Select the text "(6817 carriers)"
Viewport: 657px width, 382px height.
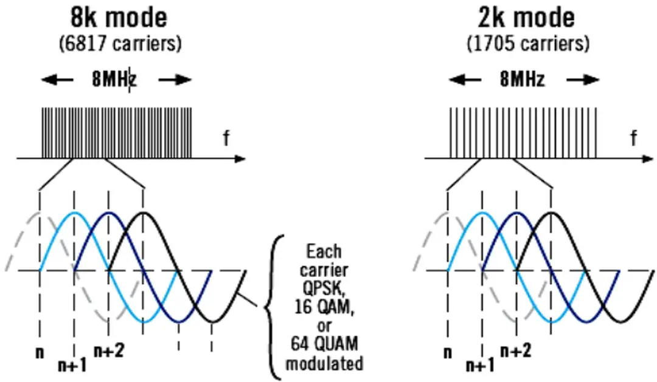[x=120, y=43]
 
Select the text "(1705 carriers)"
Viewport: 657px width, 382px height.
[x=528, y=43]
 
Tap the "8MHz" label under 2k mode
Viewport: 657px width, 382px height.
[x=523, y=80]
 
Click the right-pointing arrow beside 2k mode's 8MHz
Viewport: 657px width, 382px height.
[x=583, y=80]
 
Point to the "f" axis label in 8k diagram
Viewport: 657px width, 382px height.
[x=226, y=139]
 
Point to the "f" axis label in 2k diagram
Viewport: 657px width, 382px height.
[x=634, y=139]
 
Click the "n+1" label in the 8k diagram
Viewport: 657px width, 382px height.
[x=72, y=365]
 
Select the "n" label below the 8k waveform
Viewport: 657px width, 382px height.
[x=40, y=352]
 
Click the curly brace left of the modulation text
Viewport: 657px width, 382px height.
[x=274, y=307]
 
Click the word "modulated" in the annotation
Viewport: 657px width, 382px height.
[x=324, y=364]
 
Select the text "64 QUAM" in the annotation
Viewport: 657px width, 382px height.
[x=324, y=345]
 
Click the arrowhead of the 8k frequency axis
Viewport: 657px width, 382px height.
[x=241, y=159]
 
